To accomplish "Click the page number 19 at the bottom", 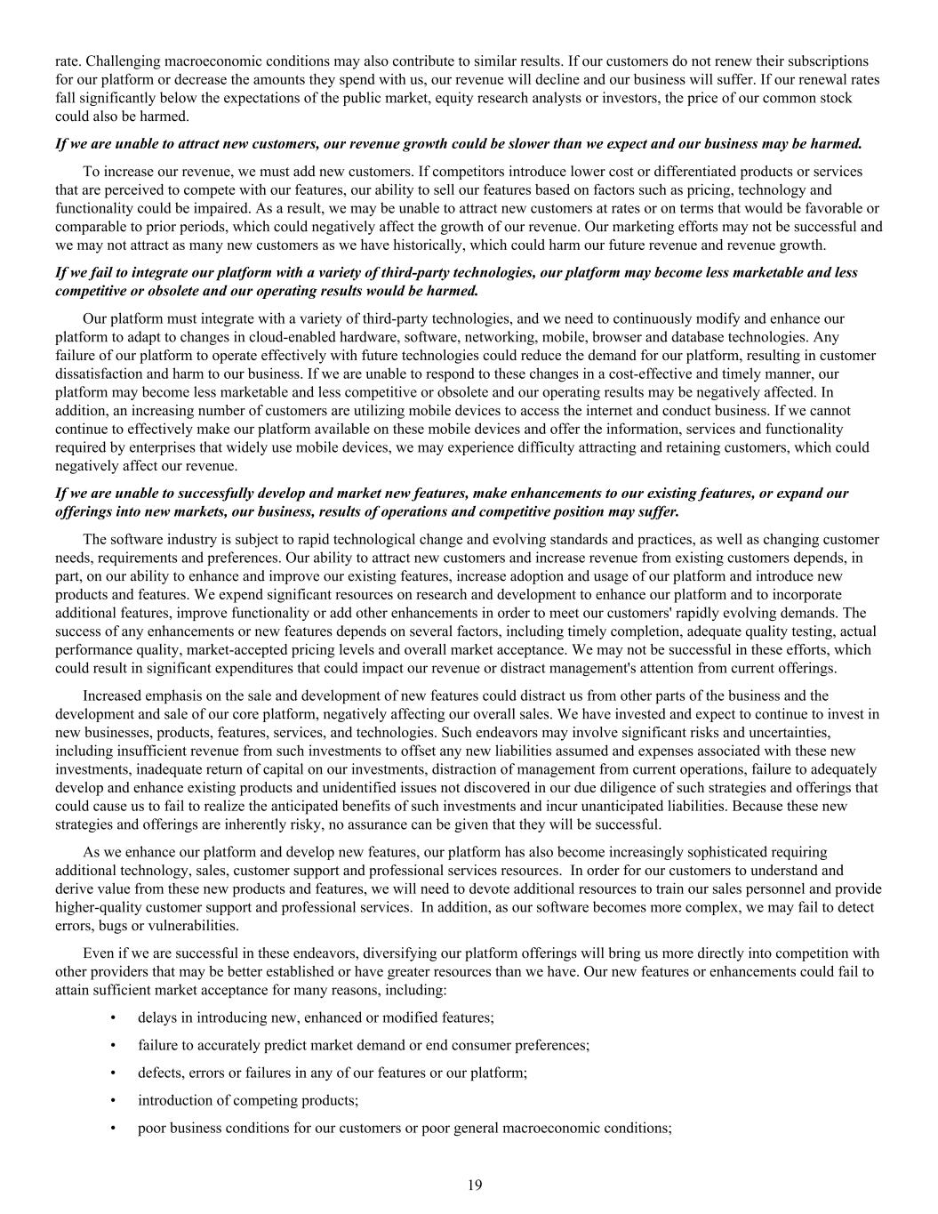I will [475, 1185].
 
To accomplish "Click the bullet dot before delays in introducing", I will [113, 1017].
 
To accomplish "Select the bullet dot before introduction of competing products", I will [113, 1100].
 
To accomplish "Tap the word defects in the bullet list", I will [159, 1073].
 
